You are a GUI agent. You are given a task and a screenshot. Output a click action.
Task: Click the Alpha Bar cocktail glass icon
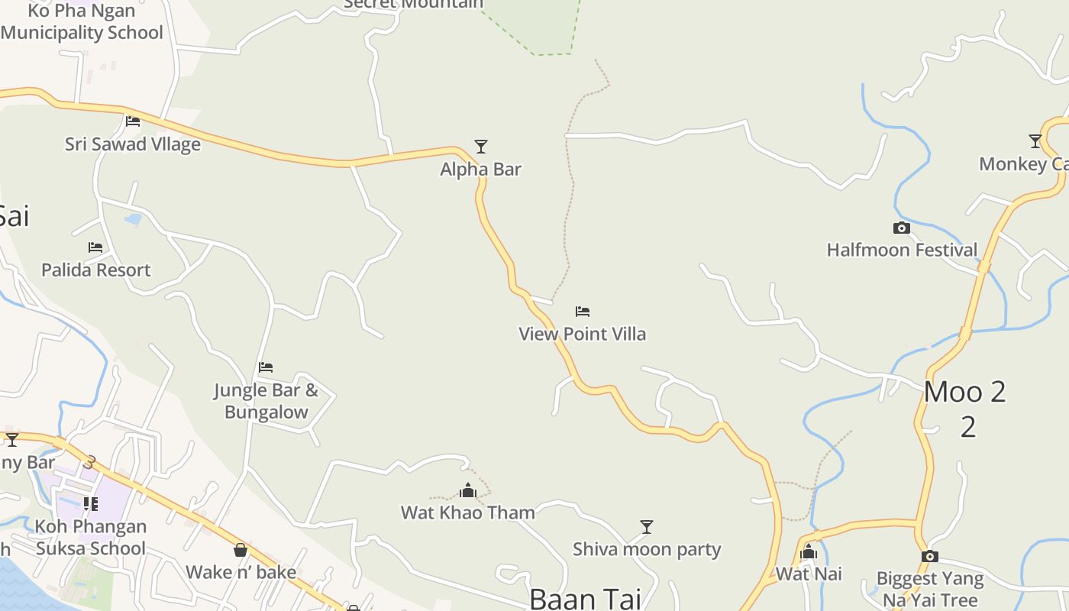(x=480, y=146)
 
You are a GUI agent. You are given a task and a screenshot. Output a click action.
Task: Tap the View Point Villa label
(x=582, y=334)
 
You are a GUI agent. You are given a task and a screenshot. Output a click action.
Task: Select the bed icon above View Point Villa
(x=583, y=311)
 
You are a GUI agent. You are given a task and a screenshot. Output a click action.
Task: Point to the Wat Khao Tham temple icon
(x=468, y=490)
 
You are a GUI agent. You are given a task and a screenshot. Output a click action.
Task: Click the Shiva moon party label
(x=647, y=549)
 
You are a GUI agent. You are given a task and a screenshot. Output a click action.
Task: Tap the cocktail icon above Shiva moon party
(x=647, y=526)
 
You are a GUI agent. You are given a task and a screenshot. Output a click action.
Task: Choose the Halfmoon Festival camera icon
(x=902, y=228)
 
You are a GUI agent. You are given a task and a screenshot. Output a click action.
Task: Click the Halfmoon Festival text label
(x=902, y=250)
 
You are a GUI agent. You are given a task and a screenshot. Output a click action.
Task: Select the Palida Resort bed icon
(x=95, y=247)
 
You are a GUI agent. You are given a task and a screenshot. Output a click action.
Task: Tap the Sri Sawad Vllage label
(x=133, y=144)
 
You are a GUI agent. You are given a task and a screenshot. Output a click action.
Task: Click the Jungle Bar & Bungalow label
(x=266, y=401)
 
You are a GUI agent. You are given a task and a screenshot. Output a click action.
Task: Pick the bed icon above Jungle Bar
(x=266, y=367)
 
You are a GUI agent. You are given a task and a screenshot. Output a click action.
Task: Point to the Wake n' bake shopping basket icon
(x=241, y=550)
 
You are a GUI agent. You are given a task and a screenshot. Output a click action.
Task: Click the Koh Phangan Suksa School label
(x=90, y=537)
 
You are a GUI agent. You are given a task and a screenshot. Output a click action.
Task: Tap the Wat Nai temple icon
(x=809, y=551)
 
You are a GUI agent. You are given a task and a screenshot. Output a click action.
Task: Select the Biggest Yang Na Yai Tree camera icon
(x=929, y=556)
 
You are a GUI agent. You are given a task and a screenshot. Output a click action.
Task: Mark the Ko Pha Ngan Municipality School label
(x=82, y=21)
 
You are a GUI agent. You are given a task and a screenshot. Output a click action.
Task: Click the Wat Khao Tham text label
(x=468, y=512)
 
